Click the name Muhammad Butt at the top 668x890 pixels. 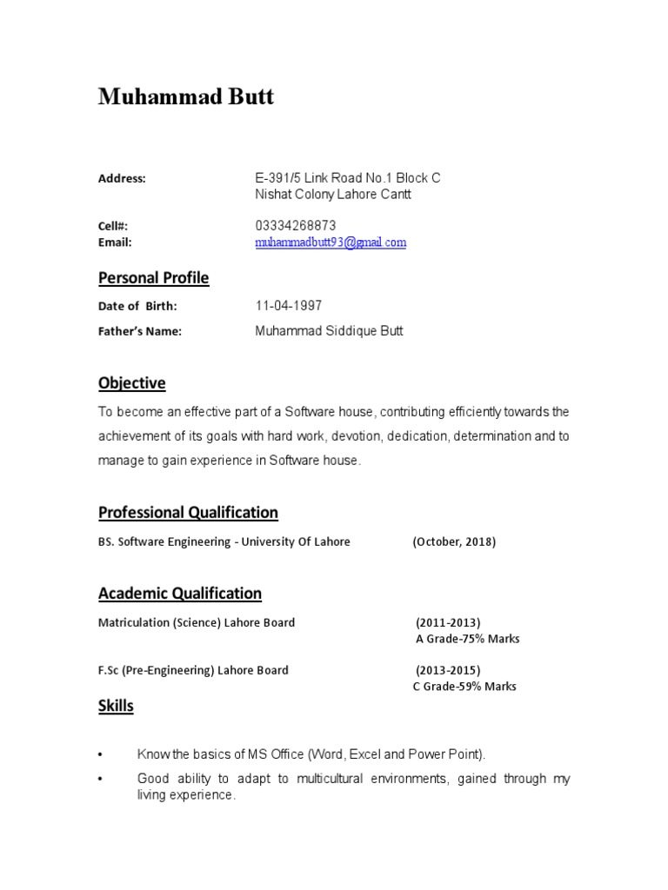[x=186, y=96]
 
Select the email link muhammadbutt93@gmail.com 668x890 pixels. [x=331, y=242]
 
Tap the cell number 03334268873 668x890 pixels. [x=296, y=226]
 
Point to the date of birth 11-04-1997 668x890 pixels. [x=289, y=306]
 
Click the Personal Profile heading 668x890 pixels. [x=153, y=278]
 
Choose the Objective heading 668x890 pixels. [x=131, y=383]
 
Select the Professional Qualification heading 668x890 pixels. [x=188, y=513]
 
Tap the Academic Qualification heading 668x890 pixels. [x=179, y=594]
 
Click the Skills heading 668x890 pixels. [x=116, y=707]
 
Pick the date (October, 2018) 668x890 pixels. [x=454, y=542]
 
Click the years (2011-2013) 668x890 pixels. [x=448, y=622]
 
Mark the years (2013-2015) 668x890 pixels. [x=448, y=670]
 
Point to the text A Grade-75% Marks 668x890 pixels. [x=467, y=639]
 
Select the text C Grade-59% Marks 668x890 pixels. [x=464, y=687]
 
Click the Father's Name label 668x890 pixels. [x=139, y=331]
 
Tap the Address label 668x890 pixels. [x=122, y=178]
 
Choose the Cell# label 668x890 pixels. [x=113, y=226]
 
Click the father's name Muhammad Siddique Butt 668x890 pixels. [x=329, y=331]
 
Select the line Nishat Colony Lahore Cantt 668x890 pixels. [x=333, y=195]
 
